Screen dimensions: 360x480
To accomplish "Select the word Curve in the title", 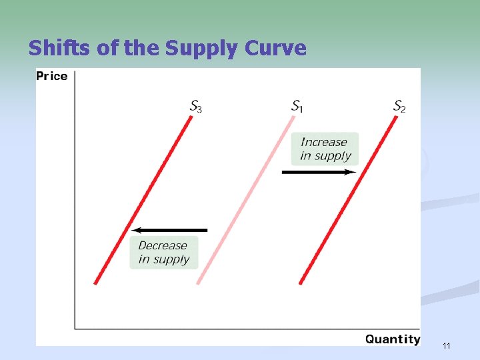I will point(276,48).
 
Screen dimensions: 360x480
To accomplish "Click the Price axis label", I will point(52,76).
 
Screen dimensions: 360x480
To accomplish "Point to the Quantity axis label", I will point(393,339).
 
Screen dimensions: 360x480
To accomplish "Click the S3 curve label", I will point(195,106).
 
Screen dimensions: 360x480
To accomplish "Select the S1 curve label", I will point(297,106).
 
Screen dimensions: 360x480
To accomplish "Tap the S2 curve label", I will point(399,106).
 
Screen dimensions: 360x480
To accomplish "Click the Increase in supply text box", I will point(325,149).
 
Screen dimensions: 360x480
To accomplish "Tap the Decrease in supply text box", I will point(164,252).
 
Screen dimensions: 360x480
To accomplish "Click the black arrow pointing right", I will point(319,172).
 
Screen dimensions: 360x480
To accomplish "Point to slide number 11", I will point(446,345).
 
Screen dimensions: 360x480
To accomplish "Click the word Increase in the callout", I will point(324,142).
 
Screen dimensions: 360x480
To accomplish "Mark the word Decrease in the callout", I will point(163,245).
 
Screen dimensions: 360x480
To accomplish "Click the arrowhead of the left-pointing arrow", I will point(135,230).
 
